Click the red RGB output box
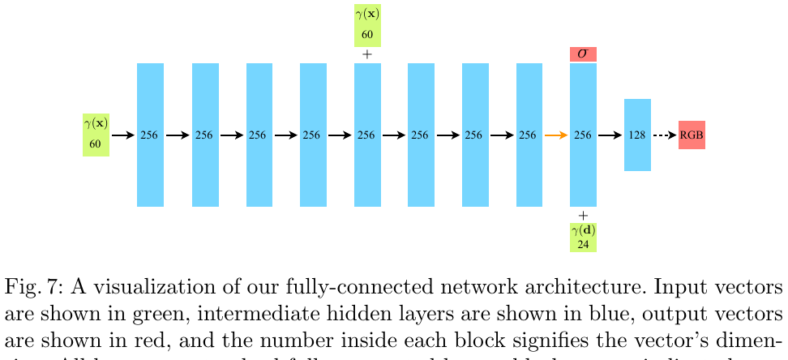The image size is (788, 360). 692,135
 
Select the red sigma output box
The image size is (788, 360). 583,54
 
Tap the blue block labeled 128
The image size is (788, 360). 637,135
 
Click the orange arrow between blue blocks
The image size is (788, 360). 556,135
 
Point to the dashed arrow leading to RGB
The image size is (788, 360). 665,135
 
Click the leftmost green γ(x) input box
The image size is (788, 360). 96,135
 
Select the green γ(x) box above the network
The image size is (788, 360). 367,26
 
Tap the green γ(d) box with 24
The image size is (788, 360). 583,236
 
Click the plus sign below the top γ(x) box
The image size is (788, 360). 367,54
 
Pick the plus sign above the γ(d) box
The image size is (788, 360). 583,215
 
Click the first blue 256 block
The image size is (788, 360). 150,135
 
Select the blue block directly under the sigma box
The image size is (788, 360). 583,135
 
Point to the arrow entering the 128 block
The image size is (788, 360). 610,135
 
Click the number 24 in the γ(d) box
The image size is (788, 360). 583,243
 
